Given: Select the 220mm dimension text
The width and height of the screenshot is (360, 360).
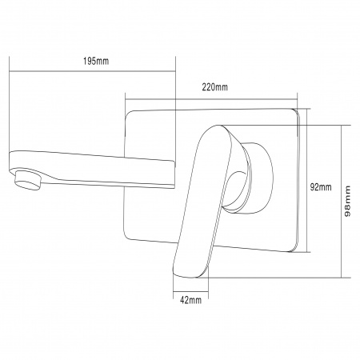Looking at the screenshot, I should click(x=215, y=87).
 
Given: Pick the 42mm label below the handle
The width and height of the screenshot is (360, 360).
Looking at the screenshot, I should click(x=190, y=302).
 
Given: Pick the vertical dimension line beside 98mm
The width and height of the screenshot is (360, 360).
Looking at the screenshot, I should click(x=342, y=200).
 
